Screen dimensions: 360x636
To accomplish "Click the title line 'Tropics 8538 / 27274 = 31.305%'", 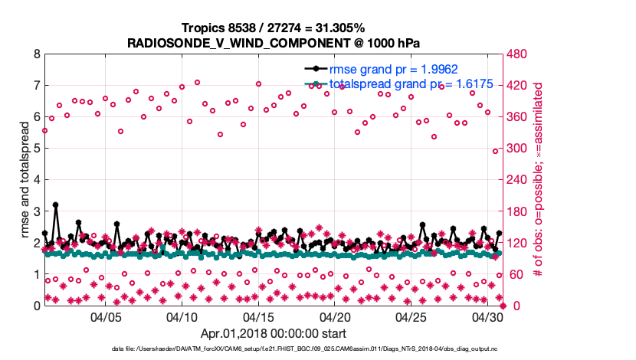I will pyautogui.click(x=273, y=28).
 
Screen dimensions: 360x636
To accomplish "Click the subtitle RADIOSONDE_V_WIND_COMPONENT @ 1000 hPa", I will pyautogui.click(x=273, y=42).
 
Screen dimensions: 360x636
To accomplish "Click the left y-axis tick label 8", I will pyautogui.click(x=36, y=54).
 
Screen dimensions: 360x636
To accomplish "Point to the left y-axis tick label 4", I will pyautogui.click(x=36, y=180).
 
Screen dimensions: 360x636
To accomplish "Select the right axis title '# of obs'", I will pyautogui.click(x=539, y=180).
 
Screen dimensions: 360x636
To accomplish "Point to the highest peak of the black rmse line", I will pyautogui.click(x=56, y=205).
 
